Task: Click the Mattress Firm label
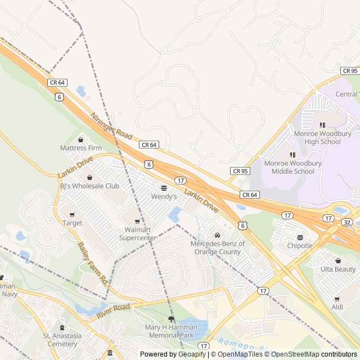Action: pos(80,148)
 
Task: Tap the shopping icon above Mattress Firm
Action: pos(80,139)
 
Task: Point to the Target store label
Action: pos(72,223)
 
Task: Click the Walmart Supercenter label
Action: pos(137,234)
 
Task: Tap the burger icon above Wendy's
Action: pos(164,188)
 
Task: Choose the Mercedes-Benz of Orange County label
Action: pos(218,247)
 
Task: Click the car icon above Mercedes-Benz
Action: pos(217,235)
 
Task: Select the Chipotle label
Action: pos(300,245)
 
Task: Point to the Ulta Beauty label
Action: pos(337,269)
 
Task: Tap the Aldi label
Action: pos(337,307)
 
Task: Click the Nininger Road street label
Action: pos(111,126)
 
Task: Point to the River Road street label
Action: pos(113,311)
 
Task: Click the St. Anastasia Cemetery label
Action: pos(60,340)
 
